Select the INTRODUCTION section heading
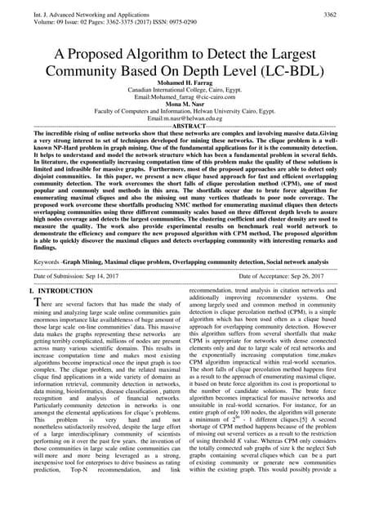65,291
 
